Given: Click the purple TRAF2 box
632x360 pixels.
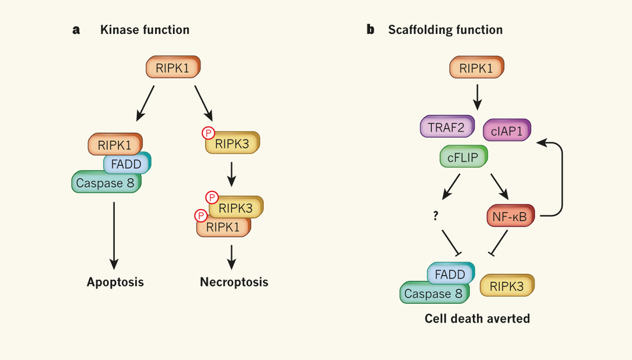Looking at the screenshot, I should (x=446, y=126).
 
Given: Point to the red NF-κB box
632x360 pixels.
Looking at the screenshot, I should (x=511, y=216).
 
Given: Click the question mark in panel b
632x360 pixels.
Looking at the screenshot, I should (x=435, y=215).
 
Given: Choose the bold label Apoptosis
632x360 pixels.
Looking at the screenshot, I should (x=115, y=282).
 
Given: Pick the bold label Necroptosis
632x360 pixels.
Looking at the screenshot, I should (x=234, y=282).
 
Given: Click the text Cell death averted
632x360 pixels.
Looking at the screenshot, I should (x=477, y=319).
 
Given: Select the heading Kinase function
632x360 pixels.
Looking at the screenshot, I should (x=144, y=30).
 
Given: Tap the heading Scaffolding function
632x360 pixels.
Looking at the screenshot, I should (x=445, y=30).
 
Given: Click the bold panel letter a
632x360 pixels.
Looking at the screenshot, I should (x=76, y=30).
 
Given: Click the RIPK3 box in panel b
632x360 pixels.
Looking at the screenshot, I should (x=507, y=285).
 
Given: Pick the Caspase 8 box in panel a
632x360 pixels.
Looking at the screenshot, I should (x=106, y=182).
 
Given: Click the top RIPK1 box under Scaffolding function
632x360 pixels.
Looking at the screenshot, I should (x=476, y=68).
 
